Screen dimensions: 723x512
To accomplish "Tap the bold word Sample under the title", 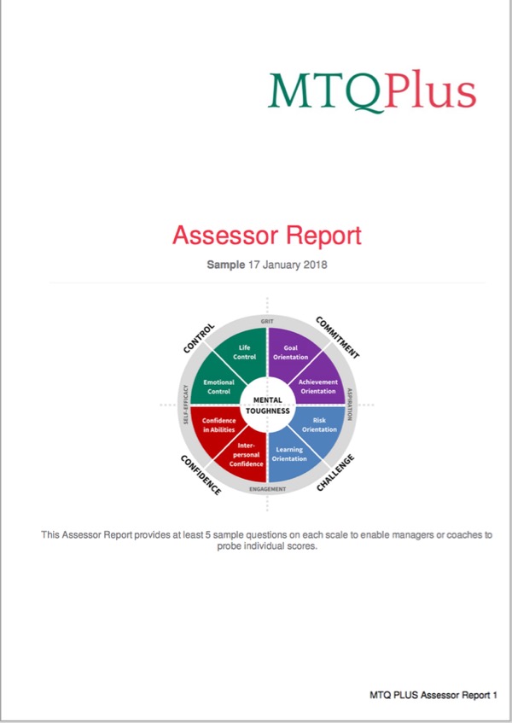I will click(x=226, y=265).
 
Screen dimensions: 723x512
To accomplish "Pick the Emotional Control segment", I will click(x=213, y=386).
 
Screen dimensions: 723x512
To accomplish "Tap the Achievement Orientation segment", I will click(x=318, y=386).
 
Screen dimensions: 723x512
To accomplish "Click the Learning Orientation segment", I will click(x=288, y=454).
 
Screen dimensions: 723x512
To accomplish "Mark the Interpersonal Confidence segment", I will click(x=245, y=454).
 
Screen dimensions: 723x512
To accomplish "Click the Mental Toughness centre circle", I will click(x=268, y=405).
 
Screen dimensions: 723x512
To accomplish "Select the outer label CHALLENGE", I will click(x=335, y=472).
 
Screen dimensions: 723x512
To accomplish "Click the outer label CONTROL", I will click(x=199, y=337).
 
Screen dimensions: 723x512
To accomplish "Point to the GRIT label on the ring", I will click(x=267, y=321).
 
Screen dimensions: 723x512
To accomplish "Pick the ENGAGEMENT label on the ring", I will click(x=267, y=489).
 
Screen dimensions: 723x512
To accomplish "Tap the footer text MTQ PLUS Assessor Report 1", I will click(x=433, y=696).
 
